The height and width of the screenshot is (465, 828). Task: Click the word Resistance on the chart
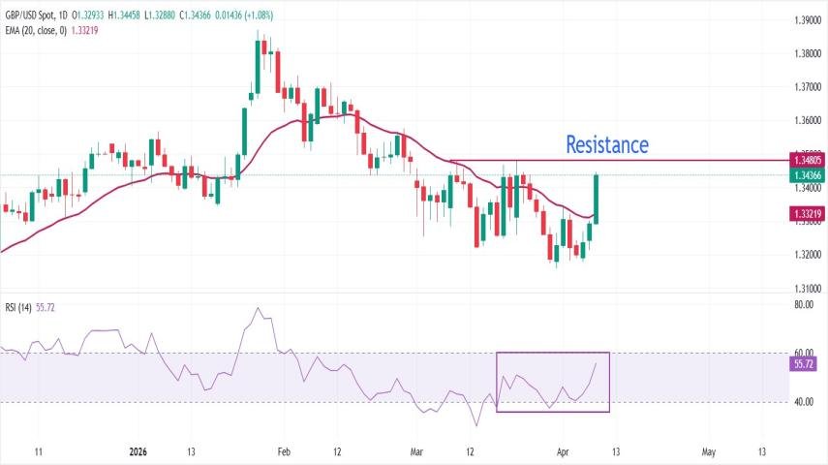pos(607,145)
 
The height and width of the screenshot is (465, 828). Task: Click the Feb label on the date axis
pos(285,451)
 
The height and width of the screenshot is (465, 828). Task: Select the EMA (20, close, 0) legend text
pos(37,30)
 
